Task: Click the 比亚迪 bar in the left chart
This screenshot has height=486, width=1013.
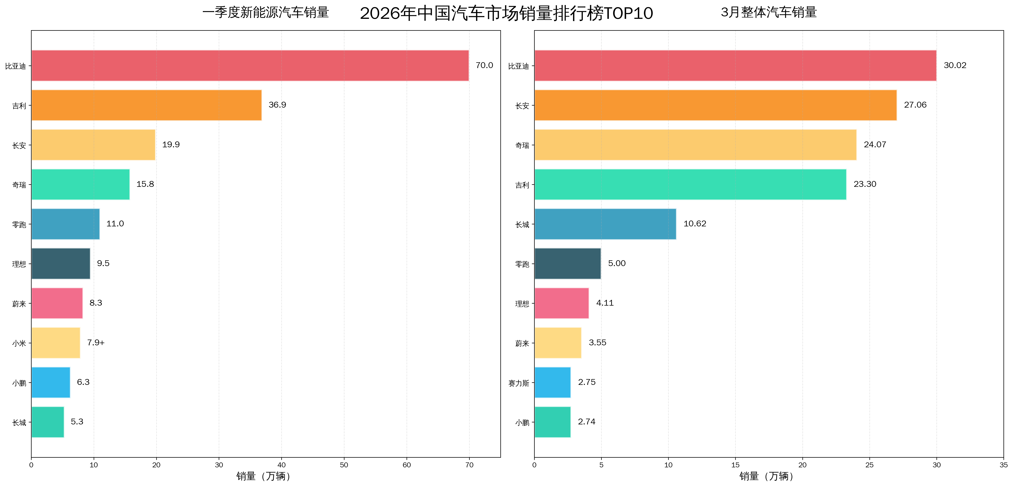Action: point(250,66)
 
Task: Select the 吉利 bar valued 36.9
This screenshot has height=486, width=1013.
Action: point(146,105)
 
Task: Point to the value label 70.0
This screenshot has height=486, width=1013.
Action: point(484,65)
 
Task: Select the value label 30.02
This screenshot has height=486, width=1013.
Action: point(955,65)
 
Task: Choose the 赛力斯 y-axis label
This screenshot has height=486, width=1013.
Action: point(518,383)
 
